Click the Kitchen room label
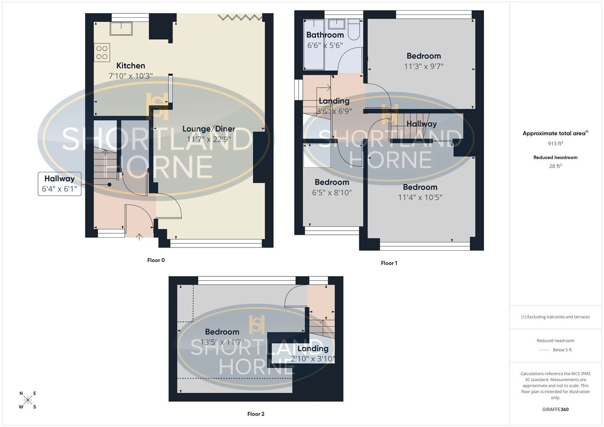[131, 66]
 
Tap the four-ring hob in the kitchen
[102, 53]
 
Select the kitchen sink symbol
[121, 28]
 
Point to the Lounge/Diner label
[209, 129]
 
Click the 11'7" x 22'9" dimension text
[209, 139]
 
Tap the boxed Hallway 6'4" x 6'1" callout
[60, 184]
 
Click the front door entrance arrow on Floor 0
[139, 237]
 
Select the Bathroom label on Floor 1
[325, 35]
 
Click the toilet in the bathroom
[354, 30]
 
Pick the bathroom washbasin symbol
[337, 24]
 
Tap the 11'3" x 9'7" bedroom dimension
[424, 66]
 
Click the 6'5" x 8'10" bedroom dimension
[331, 193]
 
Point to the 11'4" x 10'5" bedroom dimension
[420, 197]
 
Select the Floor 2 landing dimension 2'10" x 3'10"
[313, 359]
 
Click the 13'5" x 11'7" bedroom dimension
[222, 342]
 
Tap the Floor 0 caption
[156, 260]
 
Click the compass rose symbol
[28, 400]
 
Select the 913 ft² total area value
[555, 144]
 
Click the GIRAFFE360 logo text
[555, 410]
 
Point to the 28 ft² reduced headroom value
[555, 166]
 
